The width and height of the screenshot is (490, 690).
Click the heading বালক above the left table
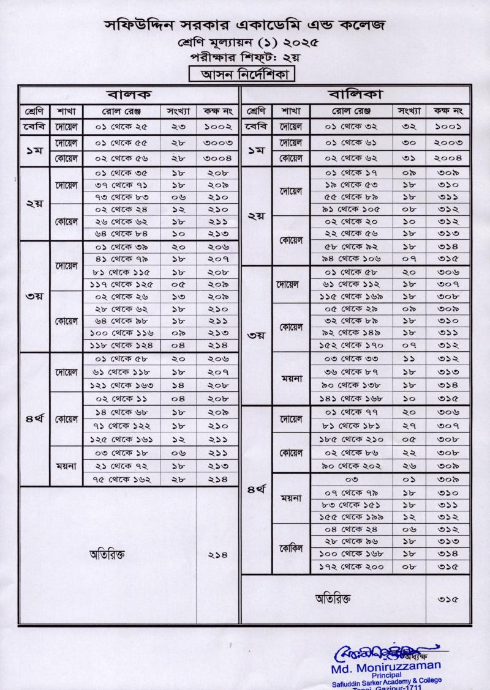(x=130, y=95)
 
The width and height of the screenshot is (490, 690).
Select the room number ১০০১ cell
(x=448, y=127)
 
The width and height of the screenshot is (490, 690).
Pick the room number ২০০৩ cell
(x=448, y=143)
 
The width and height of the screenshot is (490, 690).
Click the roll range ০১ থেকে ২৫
(x=121, y=127)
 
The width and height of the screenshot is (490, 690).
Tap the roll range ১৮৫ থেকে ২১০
(x=351, y=439)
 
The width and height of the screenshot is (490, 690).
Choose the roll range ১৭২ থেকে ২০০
(x=351, y=567)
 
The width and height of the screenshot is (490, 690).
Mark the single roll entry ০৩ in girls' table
(x=351, y=480)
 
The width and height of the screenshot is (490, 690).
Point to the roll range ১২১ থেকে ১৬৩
(x=121, y=385)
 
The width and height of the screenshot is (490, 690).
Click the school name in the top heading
(x=244, y=26)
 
